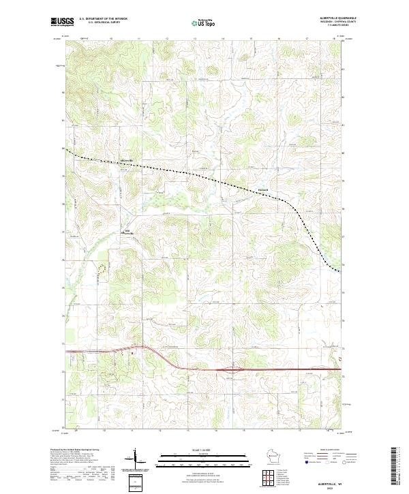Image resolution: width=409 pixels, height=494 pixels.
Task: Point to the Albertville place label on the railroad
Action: coord(127,161)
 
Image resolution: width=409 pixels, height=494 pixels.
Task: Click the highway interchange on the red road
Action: coord(237,371)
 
